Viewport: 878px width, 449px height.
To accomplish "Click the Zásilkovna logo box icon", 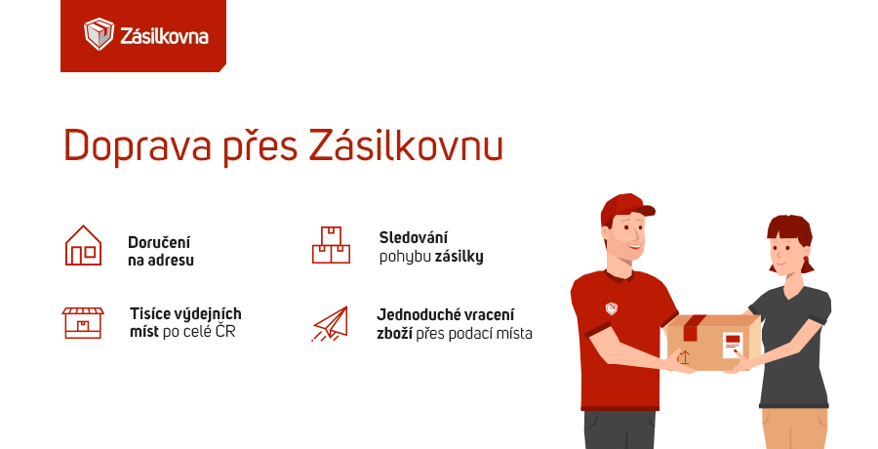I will (x=99, y=35).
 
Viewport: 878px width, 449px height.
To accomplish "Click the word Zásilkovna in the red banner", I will (x=163, y=36).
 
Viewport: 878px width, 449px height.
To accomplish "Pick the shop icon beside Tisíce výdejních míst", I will (x=83, y=321).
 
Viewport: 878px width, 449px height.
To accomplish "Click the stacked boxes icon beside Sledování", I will (x=331, y=245).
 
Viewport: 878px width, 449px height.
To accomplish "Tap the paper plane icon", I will (x=330, y=323).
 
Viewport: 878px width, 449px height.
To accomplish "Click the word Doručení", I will (x=159, y=241).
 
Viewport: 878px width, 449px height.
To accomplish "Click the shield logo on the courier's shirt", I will (x=611, y=308).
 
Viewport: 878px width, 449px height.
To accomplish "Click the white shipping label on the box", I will (x=732, y=344).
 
